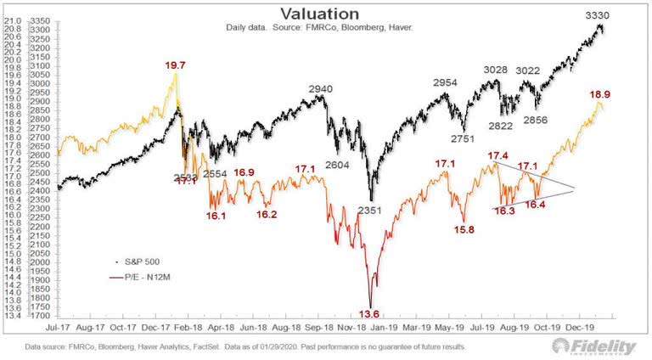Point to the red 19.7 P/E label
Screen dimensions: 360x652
pos(175,64)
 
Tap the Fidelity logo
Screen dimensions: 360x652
pos(595,348)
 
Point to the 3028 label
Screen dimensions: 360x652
pos(496,70)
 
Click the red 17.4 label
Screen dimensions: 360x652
pos(498,156)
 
